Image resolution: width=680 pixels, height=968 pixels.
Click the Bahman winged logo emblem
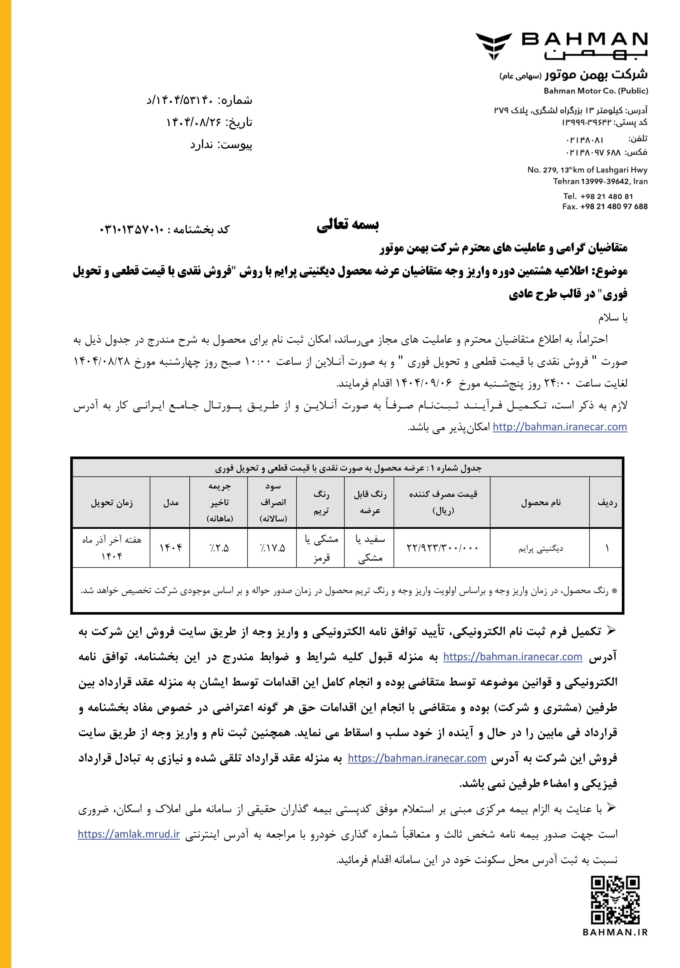pos(494,46)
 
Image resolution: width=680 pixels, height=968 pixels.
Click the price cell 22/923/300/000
pos(442,548)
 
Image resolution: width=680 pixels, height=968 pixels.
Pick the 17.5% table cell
pos(272,548)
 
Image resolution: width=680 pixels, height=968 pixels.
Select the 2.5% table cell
pos(219,548)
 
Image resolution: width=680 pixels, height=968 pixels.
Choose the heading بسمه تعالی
pos(348,225)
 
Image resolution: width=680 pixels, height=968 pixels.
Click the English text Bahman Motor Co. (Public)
pos(596,91)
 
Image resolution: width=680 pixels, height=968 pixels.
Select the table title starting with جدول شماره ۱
pos(348,468)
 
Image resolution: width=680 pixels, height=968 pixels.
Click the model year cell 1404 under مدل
pos(170,548)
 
